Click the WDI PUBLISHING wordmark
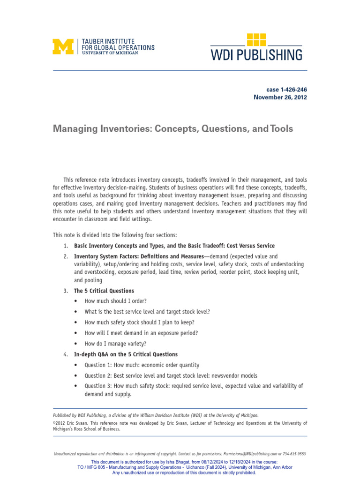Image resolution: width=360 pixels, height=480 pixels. click(256, 55)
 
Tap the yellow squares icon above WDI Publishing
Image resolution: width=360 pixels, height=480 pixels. click(256, 39)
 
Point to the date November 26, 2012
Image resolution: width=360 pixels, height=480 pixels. click(280, 97)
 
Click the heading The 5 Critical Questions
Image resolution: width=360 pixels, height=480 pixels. click(104, 291)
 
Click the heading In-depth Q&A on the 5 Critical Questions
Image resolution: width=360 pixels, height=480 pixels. click(126, 354)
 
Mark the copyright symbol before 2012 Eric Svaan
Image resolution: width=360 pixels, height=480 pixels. click(54, 423)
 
